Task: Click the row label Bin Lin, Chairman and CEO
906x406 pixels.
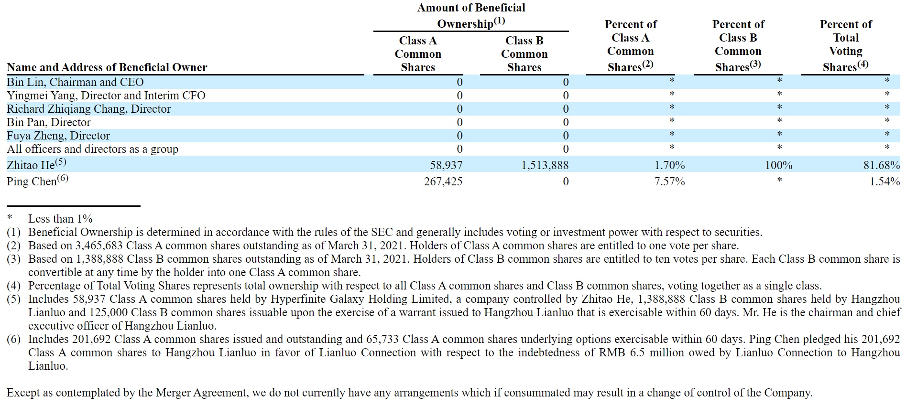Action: pyautogui.click(x=75, y=82)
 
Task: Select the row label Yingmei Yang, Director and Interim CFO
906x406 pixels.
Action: pyautogui.click(x=106, y=96)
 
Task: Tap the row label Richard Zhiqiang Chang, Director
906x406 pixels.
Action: pyautogui.click(x=88, y=109)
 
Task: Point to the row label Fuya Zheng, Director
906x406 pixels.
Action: pyautogui.click(x=58, y=136)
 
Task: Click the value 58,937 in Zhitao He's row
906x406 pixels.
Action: pyautogui.click(x=446, y=165)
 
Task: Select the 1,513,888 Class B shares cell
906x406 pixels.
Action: pyautogui.click(x=545, y=165)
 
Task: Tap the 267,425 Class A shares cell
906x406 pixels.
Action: pyautogui.click(x=443, y=182)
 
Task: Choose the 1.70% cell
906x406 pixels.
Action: pyautogui.click(x=669, y=165)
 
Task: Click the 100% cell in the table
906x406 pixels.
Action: pyautogui.click(x=778, y=165)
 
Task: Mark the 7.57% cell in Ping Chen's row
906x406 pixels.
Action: pyautogui.click(x=669, y=182)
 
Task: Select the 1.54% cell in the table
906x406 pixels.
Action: pyautogui.click(x=884, y=182)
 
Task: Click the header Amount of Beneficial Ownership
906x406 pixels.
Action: pyautogui.click(x=471, y=15)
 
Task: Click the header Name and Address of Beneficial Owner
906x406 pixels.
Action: pyautogui.click(x=107, y=67)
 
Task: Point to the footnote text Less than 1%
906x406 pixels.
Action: pyautogui.click(x=60, y=219)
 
